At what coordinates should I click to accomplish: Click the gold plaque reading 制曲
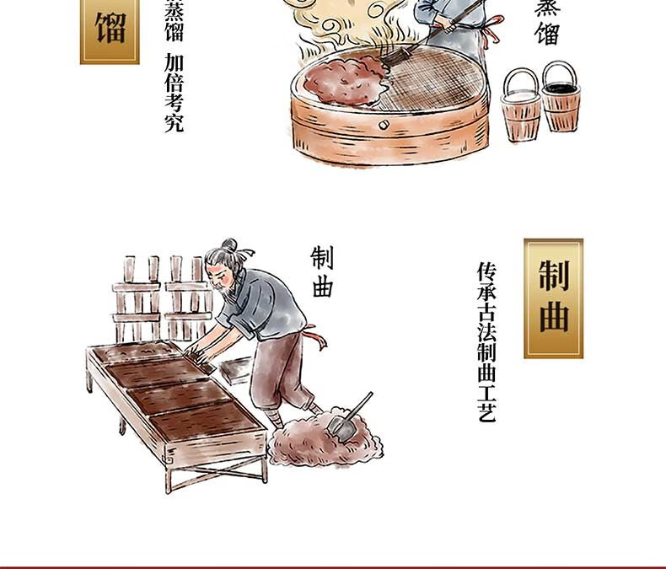553,298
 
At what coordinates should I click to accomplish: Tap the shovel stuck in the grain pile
349,418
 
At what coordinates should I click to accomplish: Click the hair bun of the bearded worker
229,245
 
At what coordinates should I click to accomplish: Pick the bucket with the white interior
521,105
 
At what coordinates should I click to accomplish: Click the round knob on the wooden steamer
384,125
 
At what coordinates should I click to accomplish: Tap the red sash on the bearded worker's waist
317,336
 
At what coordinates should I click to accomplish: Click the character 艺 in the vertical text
486,412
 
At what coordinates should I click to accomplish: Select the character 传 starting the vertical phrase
486,271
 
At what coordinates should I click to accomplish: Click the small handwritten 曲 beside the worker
322,287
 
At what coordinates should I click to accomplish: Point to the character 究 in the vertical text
175,122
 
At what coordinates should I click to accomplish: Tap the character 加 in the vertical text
175,63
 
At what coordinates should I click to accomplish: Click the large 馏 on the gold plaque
110,28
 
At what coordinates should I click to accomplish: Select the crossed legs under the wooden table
216,474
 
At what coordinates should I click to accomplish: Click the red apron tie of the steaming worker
492,29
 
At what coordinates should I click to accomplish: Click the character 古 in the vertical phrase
486,312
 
